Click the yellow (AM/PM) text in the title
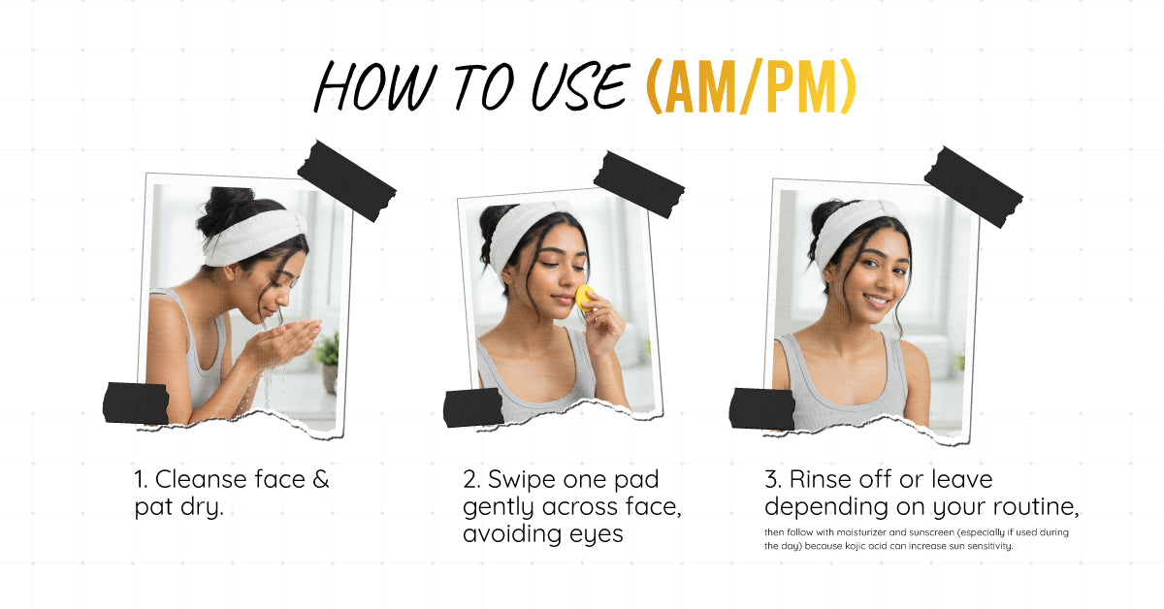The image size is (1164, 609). pyautogui.click(x=751, y=86)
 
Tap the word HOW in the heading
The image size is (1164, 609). pyautogui.click(x=375, y=86)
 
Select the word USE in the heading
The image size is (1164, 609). pyautogui.click(x=581, y=86)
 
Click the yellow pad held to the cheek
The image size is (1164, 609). pyautogui.click(x=585, y=298)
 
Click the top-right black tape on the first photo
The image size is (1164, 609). pyautogui.click(x=346, y=180)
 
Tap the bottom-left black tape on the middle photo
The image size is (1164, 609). pyautogui.click(x=473, y=407)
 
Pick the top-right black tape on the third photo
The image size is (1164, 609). pyautogui.click(x=973, y=186)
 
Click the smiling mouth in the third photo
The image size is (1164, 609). pyautogui.click(x=878, y=301)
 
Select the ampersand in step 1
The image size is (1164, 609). pyautogui.click(x=321, y=479)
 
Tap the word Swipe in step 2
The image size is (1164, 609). pyautogui.click(x=522, y=480)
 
